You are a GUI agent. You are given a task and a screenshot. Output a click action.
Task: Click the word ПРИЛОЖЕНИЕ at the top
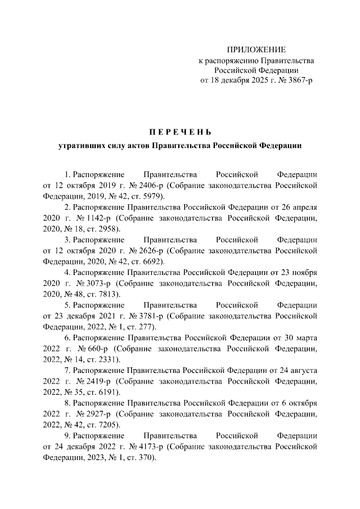click(x=256, y=50)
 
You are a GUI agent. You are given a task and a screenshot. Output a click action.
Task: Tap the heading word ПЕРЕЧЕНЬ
click(x=180, y=132)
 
